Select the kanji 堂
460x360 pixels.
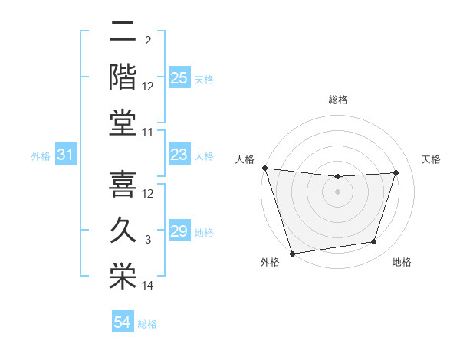123,123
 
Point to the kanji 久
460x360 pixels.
123,231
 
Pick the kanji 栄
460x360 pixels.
123,276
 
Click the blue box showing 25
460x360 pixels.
179,78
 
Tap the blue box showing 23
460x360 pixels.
179,155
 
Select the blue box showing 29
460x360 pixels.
179,231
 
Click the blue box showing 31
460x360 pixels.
66,155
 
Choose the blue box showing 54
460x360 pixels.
123,322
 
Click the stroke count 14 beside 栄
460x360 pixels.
148,286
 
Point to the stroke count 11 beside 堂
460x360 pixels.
148,133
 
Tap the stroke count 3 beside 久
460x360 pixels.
148,241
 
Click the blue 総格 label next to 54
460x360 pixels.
147,324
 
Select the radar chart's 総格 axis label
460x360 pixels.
337,100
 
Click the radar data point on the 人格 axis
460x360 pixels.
265,168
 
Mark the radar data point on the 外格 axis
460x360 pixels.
293,253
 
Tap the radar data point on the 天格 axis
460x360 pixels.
396,172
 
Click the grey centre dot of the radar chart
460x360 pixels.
337,191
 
